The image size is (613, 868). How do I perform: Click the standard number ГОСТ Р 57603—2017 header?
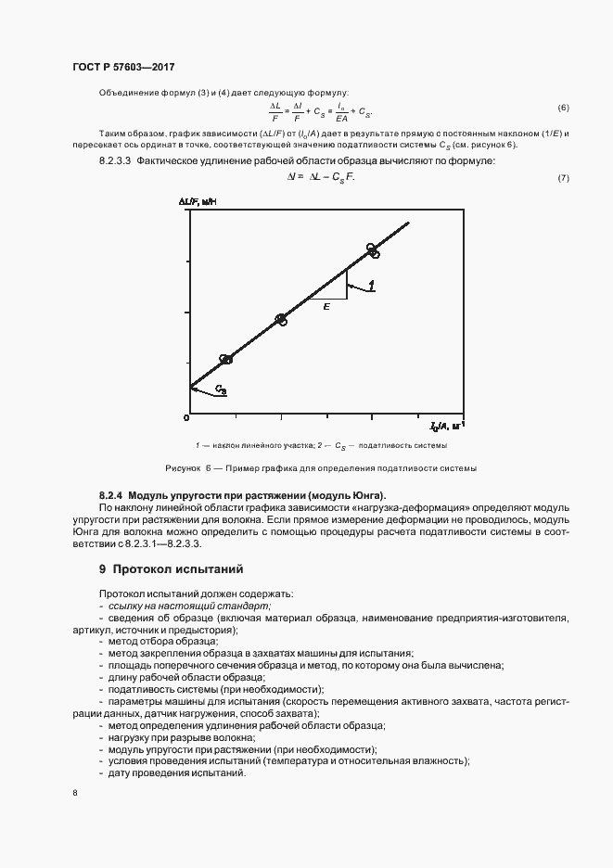tap(123, 68)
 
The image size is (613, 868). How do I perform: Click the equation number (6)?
tap(563, 108)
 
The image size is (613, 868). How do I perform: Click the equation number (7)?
tap(563, 177)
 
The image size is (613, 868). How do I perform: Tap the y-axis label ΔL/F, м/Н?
tap(199, 201)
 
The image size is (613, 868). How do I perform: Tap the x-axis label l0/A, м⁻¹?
tap(446, 426)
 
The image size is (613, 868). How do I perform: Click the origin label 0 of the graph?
tap(186, 420)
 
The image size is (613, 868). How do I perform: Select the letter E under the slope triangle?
tap(326, 306)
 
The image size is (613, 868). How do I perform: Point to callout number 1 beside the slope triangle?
tap(371, 285)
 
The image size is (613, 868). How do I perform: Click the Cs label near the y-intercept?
tap(222, 389)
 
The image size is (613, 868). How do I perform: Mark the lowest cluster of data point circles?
tap(225, 359)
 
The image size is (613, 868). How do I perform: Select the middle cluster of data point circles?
tap(281, 320)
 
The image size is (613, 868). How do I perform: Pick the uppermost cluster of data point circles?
tap(372, 250)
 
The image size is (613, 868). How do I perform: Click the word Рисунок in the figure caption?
tap(182, 468)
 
